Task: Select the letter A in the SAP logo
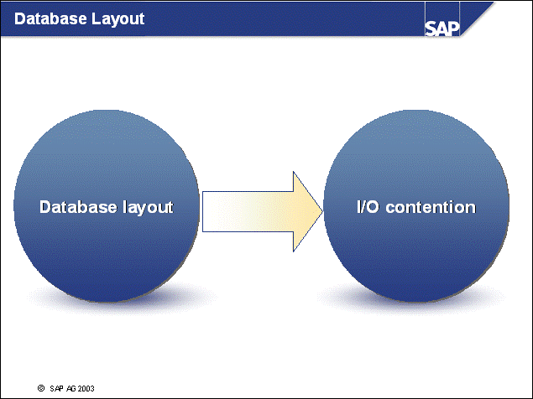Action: click(442, 28)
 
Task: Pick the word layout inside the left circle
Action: click(144, 207)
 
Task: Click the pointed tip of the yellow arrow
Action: click(322, 210)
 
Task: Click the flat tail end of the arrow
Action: click(204, 210)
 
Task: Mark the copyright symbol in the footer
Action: click(40, 388)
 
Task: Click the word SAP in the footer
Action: click(55, 388)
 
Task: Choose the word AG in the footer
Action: click(68, 388)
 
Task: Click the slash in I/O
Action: click(363, 207)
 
